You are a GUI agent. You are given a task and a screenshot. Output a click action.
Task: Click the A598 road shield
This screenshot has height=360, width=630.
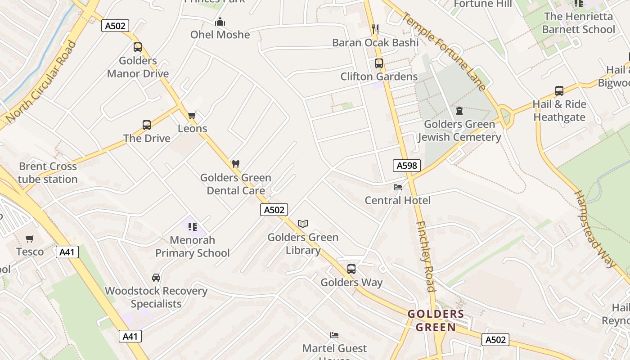coord(406,166)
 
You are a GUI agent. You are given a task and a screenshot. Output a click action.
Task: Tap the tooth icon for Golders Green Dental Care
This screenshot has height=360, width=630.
coord(235,164)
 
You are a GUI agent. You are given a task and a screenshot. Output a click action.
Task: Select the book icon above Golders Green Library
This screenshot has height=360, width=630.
coord(303,224)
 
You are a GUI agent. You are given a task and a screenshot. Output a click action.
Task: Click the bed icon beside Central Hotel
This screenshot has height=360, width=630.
coord(398,187)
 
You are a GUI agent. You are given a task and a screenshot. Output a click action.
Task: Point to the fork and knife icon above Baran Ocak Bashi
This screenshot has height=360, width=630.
coord(375,29)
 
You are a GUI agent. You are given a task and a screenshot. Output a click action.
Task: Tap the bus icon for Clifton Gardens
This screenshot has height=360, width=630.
coord(379,63)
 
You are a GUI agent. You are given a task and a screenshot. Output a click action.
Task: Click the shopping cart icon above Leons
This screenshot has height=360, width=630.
coord(192,116)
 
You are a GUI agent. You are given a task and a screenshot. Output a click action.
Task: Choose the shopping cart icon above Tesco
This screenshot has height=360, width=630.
coord(30,238)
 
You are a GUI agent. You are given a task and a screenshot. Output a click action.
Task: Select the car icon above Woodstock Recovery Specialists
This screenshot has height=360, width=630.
coord(156,278)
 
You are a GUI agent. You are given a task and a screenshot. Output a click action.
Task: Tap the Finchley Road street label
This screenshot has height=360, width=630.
coord(425,256)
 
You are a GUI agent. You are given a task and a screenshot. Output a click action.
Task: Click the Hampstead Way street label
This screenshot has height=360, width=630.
coord(594,229)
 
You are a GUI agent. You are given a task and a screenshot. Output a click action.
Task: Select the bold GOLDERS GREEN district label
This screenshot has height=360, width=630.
coord(436,320)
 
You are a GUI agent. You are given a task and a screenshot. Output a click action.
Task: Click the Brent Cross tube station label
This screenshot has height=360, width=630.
coord(48,173)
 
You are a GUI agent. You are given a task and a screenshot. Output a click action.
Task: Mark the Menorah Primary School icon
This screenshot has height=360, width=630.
coord(193,226)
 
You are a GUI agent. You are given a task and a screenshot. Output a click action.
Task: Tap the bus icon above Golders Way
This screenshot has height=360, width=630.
coord(351,269)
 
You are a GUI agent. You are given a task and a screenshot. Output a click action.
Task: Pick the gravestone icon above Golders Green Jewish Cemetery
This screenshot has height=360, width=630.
coord(459,111)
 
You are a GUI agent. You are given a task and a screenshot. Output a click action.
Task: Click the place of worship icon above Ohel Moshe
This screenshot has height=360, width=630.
coord(220,22)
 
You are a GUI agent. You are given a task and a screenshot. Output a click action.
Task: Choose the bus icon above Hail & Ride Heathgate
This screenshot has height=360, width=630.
coord(559,91)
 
